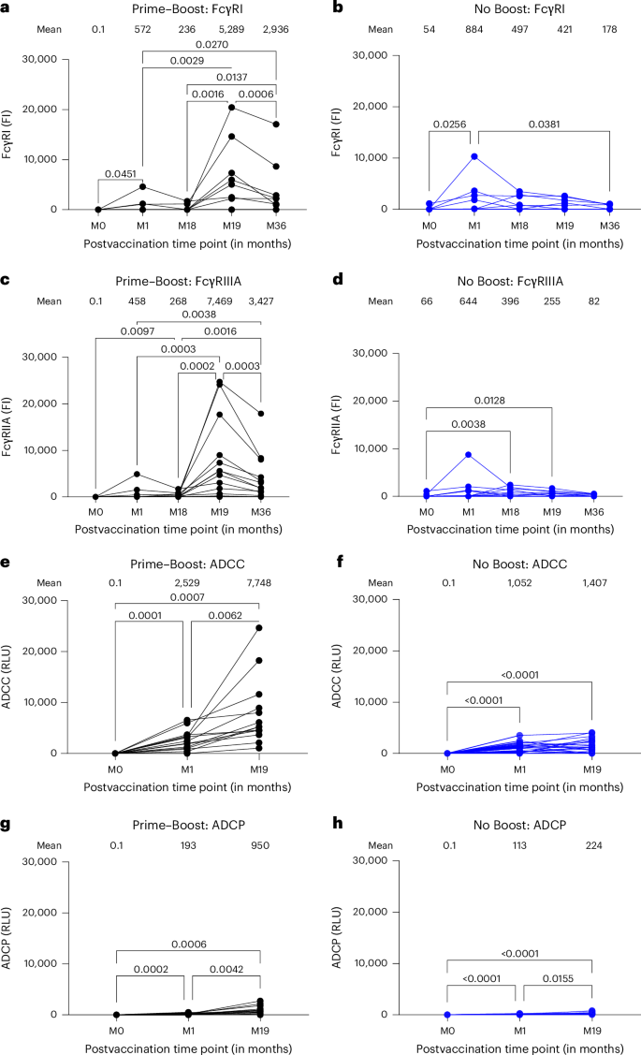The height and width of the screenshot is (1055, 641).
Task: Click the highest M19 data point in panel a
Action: point(231,107)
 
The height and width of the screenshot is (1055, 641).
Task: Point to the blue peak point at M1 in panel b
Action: point(474,156)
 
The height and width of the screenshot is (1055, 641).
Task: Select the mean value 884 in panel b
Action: point(474,29)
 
